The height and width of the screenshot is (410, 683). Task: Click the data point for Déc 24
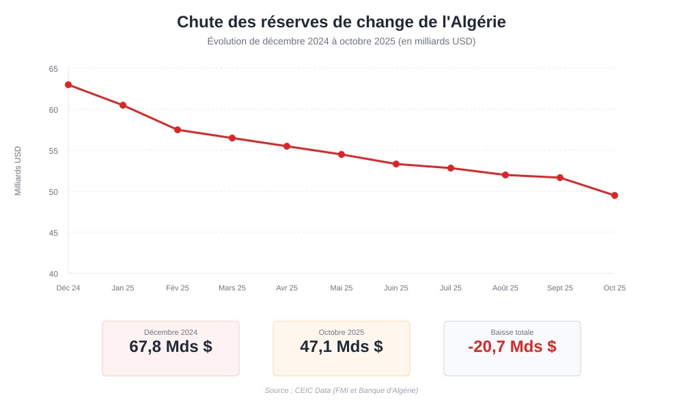(68, 85)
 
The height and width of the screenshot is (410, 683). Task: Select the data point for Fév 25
(178, 130)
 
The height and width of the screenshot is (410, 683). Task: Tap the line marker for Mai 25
(341, 154)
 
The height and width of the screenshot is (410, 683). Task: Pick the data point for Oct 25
(615, 195)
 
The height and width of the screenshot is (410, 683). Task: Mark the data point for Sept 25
(560, 178)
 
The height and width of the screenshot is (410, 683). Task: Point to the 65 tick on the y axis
(53, 69)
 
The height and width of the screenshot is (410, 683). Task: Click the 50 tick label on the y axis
(53, 192)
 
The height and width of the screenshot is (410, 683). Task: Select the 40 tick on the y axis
(53, 274)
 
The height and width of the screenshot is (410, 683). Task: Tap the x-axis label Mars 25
(232, 288)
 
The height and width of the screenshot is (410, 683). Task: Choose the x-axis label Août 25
(505, 288)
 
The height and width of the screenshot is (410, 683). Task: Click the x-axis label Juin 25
(396, 288)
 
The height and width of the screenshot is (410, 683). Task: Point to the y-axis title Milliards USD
(18, 171)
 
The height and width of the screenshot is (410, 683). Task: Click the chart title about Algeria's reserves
(341, 22)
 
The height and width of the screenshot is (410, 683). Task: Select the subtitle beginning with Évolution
(341, 41)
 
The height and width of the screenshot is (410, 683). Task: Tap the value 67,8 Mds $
(171, 346)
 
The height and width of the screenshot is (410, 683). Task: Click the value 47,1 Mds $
(341, 346)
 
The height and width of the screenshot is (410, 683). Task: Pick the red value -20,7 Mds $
(512, 346)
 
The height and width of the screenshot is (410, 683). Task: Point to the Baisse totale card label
(512, 332)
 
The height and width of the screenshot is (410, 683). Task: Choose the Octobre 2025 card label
(341, 332)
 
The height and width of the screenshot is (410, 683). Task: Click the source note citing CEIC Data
(341, 390)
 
